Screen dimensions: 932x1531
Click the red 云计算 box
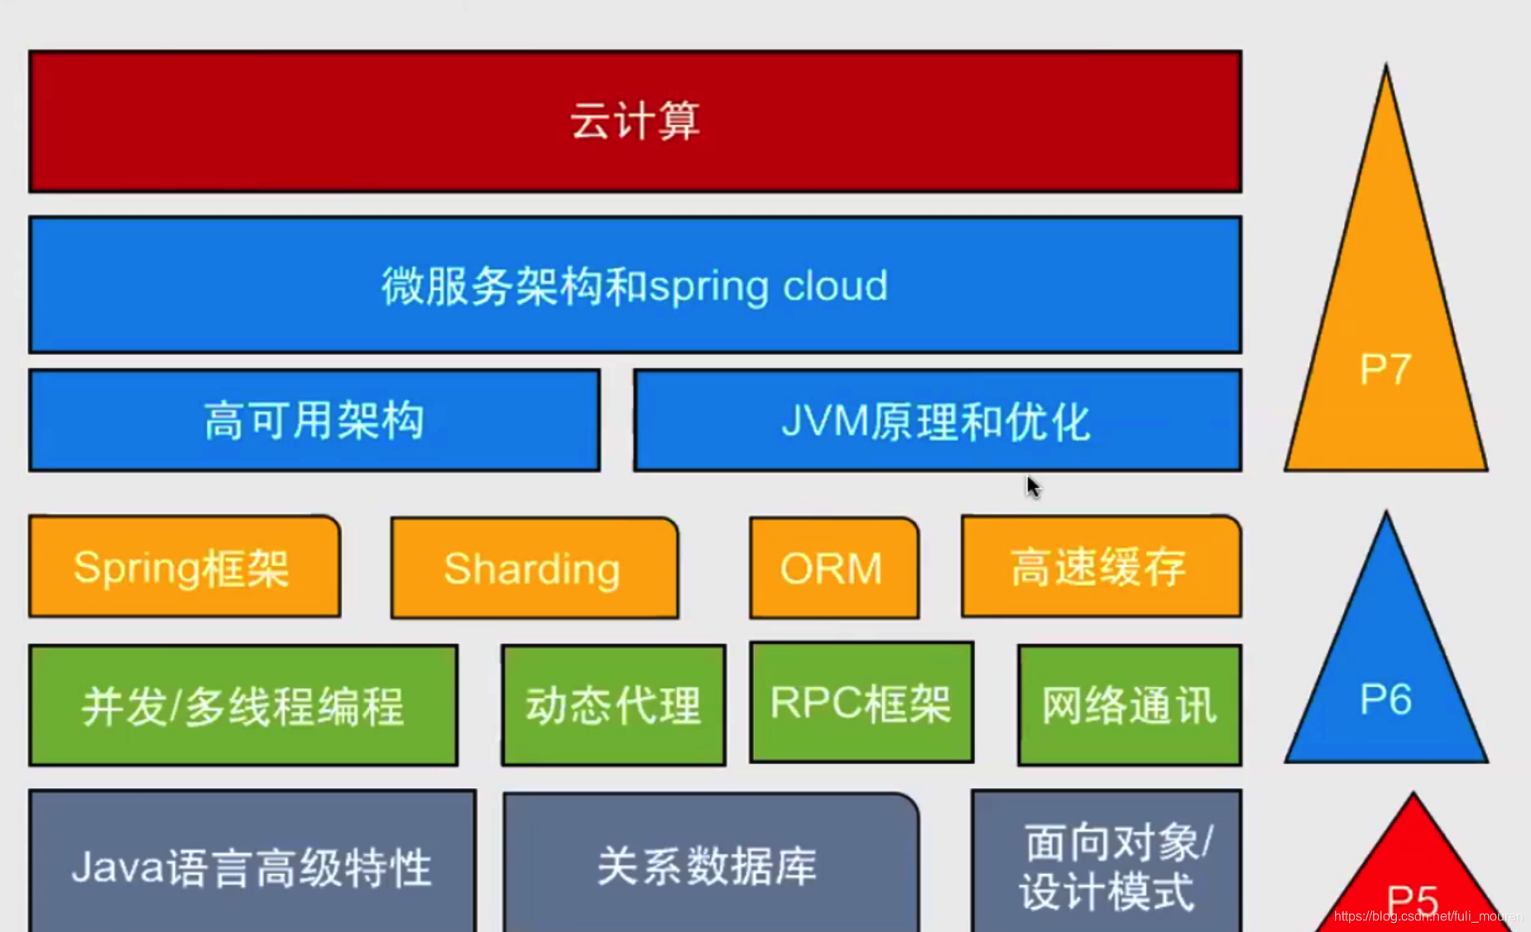tap(635, 122)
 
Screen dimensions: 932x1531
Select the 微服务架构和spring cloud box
tap(635, 286)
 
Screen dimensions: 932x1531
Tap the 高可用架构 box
tap(314, 420)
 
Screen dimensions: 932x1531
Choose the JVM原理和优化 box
tap(937, 420)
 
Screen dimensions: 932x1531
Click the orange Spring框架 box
tap(184, 568)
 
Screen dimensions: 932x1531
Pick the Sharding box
tap(534, 569)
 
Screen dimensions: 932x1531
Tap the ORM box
tap(833, 569)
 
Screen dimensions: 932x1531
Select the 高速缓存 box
tap(1101, 568)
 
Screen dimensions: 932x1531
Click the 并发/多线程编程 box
tap(243, 706)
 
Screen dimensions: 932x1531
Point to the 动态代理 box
tap(613, 706)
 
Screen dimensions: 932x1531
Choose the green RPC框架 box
tap(861, 703)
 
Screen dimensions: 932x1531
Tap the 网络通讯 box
tap(1129, 706)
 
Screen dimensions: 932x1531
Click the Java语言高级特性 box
tap(252, 865)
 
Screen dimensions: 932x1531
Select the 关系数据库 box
tap(710, 865)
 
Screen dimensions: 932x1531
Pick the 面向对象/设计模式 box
tap(1107, 865)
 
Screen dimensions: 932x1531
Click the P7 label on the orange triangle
tap(1385, 369)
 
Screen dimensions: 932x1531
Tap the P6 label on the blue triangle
tap(1385, 699)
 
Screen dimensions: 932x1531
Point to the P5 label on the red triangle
tap(1413, 898)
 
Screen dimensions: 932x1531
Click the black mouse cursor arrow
tap(1033, 486)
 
